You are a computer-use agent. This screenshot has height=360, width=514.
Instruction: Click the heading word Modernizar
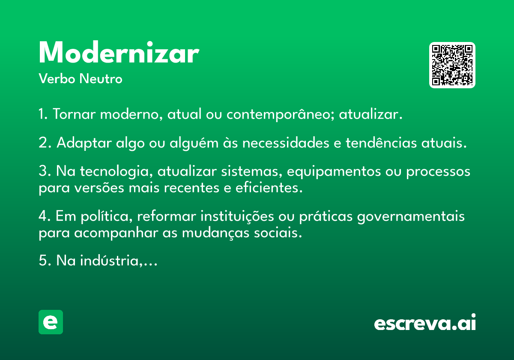pos(119,52)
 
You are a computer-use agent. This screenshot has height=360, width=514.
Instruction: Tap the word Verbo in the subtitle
pos(57,78)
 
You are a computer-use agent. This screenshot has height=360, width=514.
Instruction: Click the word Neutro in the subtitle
pos(101,78)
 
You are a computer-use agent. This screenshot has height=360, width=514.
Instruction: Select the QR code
pos(452,65)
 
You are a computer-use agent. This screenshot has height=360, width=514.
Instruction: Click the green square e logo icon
pos(51,322)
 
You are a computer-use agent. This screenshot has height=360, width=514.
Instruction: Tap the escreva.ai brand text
pos(425,322)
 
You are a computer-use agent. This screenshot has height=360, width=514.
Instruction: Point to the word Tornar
pos(74,114)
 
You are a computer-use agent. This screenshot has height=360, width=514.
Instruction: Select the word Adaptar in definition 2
pos(84,143)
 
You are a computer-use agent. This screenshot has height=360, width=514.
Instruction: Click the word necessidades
pos(286,143)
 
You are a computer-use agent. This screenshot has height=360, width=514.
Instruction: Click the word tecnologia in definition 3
pos(117,172)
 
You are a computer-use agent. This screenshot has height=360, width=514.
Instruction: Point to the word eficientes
pos(269,188)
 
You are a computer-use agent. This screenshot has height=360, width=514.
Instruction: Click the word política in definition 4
pos(107,216)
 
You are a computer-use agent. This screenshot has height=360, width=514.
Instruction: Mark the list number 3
pos(43,171)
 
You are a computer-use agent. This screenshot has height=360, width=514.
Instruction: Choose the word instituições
pos(237,216)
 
